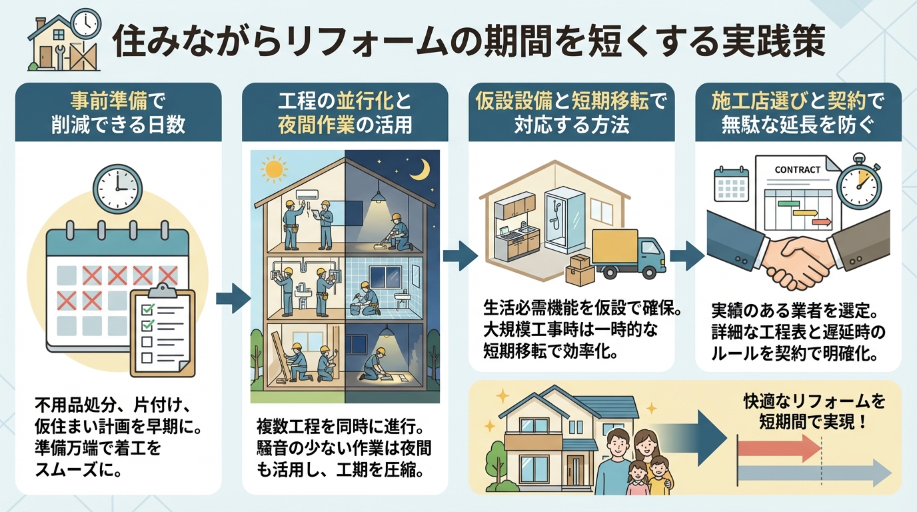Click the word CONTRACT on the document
(797, 169)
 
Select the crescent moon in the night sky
(420, 170)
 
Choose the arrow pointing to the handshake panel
(686, 255)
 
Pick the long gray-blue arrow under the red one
(814, 474)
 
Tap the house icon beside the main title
(64, 41)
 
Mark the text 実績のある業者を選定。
(796, 311)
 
